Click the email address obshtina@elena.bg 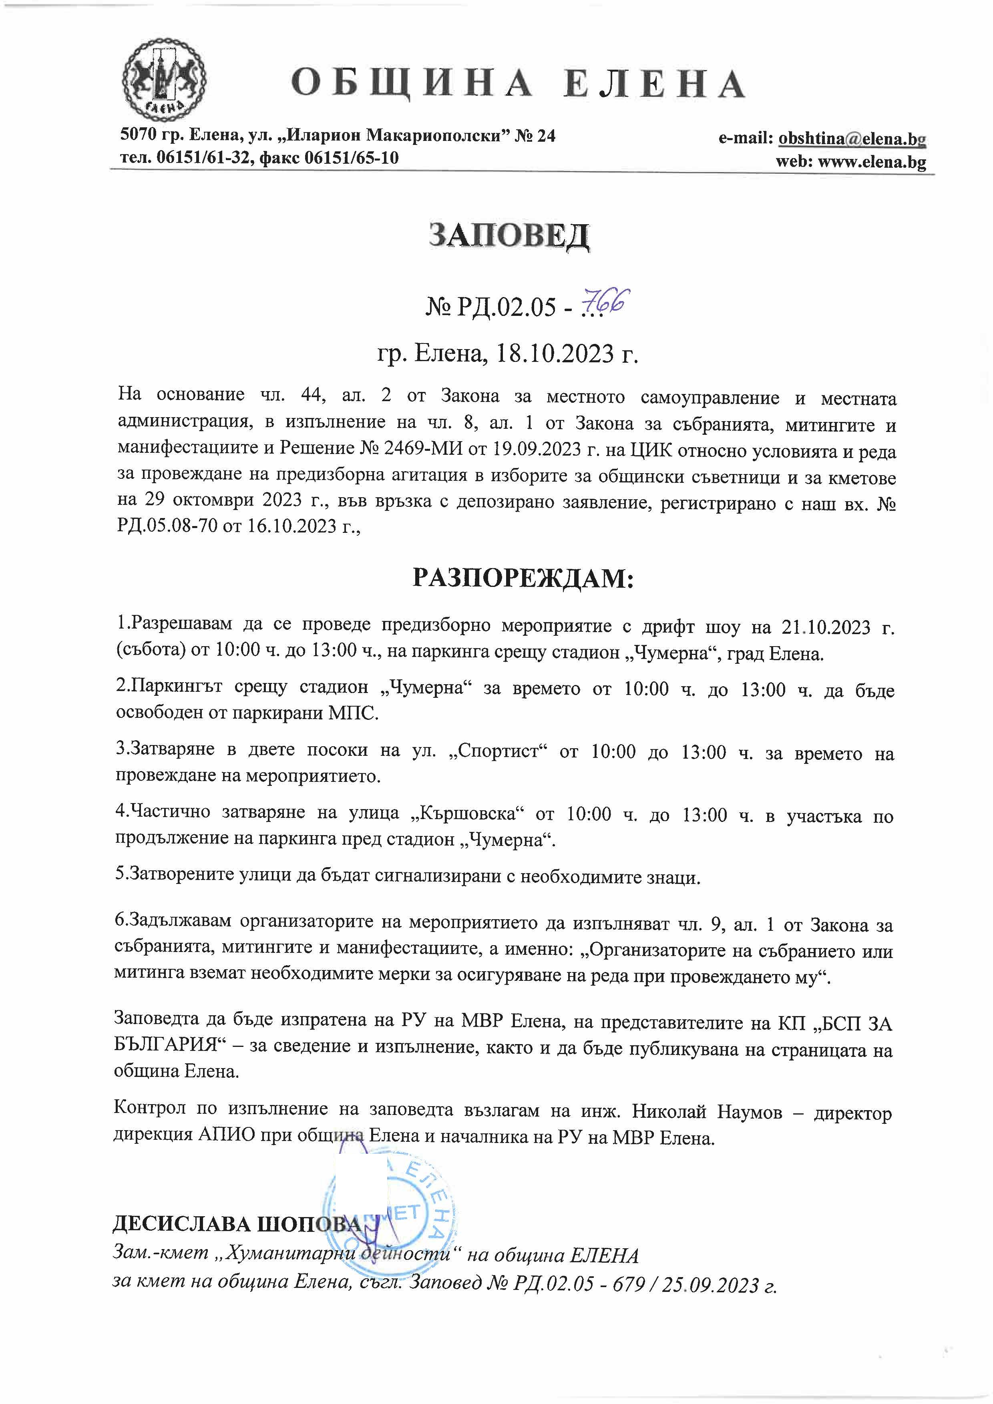(852, 139)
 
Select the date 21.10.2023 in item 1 (826, 627)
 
